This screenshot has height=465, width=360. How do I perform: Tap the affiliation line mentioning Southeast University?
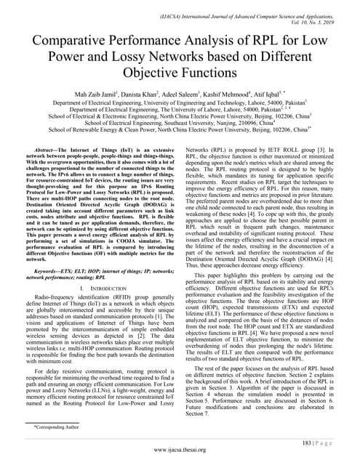[180, 125]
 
